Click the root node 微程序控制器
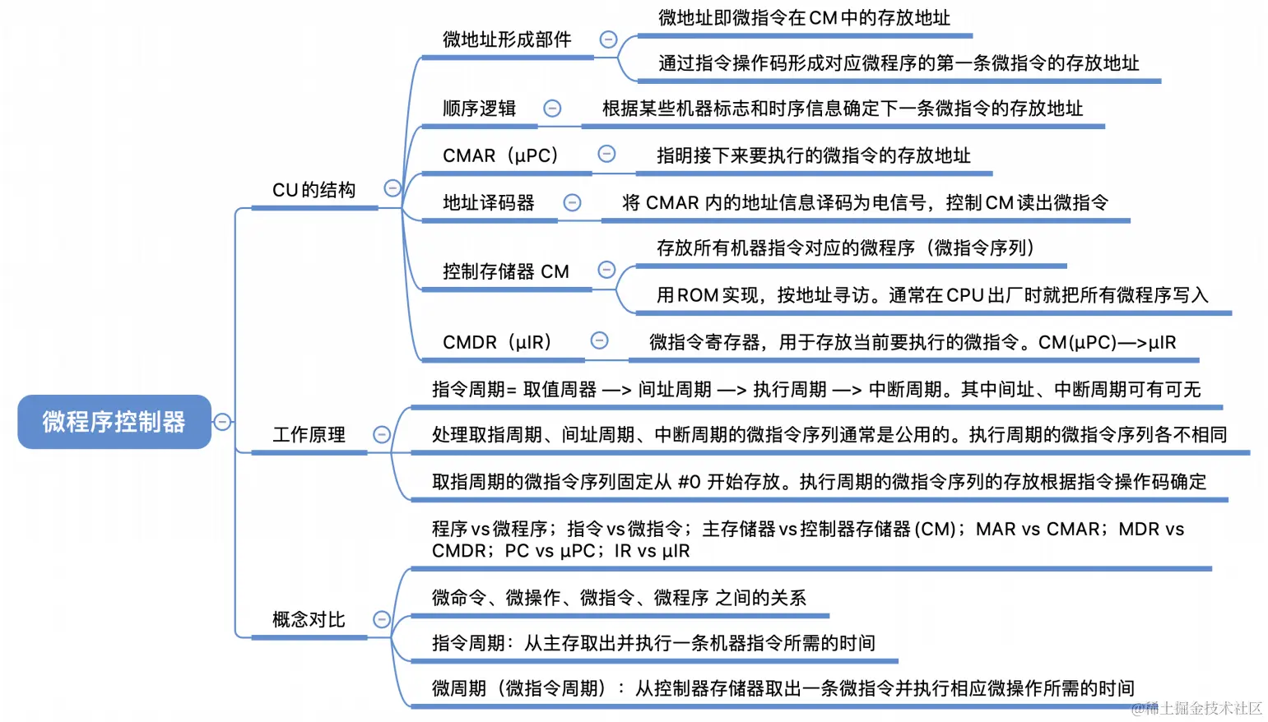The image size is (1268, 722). point(114,422)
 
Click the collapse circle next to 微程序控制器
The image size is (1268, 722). point(222,422)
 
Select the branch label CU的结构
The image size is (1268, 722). point(314,190)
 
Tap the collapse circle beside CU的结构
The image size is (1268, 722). point(392,188)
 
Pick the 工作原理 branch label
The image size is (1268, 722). point(309,434)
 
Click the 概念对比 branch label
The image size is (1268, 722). point(309,619)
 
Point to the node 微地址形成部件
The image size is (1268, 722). point(506,39)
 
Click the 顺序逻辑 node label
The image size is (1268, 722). point(479,109)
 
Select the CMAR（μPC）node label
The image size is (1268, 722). point(500,155)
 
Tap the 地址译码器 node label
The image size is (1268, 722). point(488,202)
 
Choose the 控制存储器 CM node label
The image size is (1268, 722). point(505,271)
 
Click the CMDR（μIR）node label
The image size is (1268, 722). point(497,342)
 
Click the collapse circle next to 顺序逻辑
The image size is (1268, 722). point(552,109)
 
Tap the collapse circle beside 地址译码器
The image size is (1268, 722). point(572,202)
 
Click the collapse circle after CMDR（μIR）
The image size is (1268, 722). point(600,340)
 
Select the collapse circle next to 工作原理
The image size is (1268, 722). point(382,434)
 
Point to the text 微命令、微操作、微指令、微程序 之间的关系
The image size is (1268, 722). point(619,598)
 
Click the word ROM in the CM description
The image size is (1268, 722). point(698,295)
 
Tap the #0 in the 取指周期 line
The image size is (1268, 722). point(689,482)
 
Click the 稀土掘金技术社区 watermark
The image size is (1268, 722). point(1202,708)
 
